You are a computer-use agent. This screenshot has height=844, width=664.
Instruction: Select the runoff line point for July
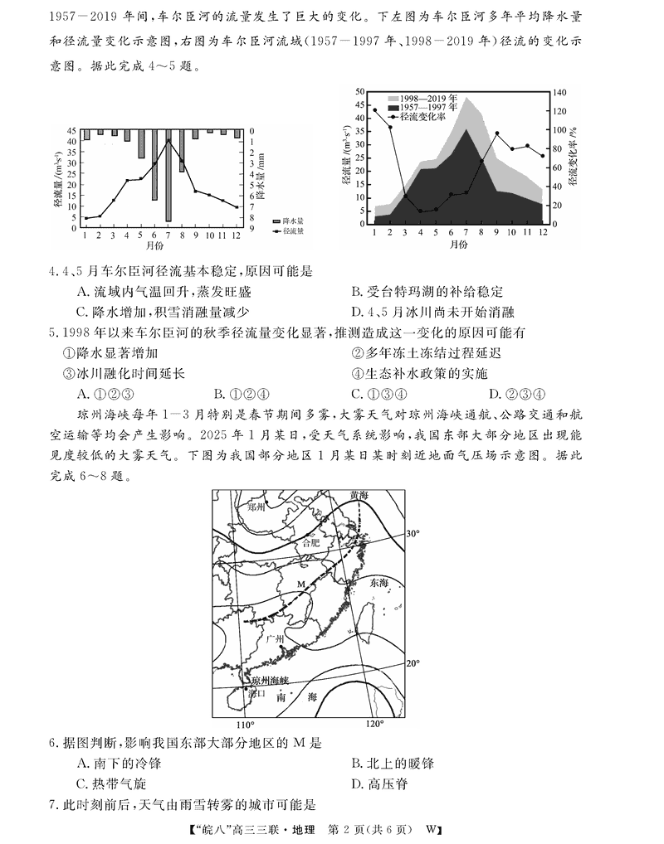(168, 140)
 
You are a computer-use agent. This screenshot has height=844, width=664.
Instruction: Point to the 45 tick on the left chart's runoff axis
(74, 130)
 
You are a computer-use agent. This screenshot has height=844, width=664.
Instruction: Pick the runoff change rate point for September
(496, 133)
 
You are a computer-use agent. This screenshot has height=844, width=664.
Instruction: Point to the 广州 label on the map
(276, 640)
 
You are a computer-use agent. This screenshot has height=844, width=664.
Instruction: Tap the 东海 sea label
(378, 583)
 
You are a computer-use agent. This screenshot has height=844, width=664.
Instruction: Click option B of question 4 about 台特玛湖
(427, 292)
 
